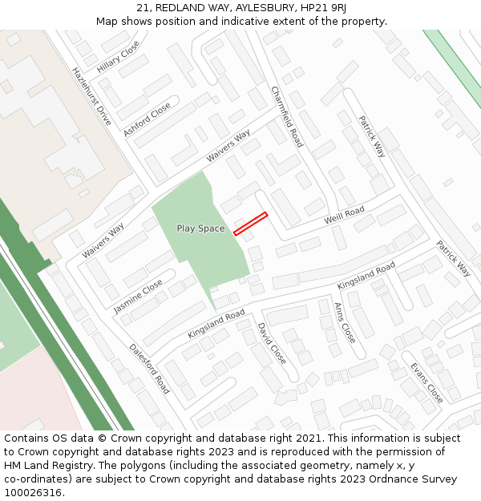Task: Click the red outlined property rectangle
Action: pos(250,224)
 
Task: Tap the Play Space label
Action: pos(200,228)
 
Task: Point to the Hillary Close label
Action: pos(118,57)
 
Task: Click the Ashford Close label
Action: pos(147,119)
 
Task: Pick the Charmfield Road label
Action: pos(287,116)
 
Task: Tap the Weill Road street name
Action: pos(344,215)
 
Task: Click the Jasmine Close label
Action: pos(138,296)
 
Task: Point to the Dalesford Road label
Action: pos(149,368)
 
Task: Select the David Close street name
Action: pos(271,343)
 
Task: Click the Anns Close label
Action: pos(344,322)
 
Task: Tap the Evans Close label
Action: pos(426,382)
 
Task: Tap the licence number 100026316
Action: pos(33,493)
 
